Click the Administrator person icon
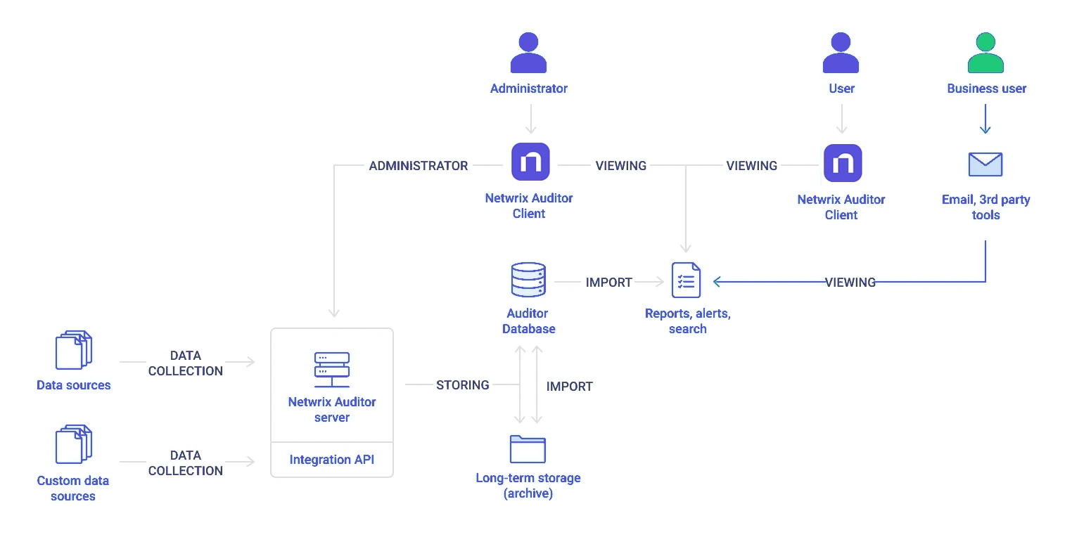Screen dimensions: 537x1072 [528, 53]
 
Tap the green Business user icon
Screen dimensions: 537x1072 [985, 53]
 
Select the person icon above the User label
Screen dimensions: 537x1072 [841, 53]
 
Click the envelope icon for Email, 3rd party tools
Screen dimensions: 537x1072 [985, 164]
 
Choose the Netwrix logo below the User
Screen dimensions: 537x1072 [842, 163]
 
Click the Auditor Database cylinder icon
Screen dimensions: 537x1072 [528, 280]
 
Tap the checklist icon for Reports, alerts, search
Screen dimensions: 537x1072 [686, 281]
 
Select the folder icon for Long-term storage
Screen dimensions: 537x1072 [528, 449]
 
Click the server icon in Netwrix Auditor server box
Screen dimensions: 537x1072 [331, 370]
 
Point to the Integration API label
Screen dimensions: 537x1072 [331, 460]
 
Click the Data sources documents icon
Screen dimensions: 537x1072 [73, 349]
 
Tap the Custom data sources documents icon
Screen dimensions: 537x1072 [73, 444]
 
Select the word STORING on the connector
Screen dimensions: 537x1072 [462, 385]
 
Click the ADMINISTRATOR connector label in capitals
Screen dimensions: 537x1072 [419, 166]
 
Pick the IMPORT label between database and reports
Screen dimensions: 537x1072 [608, 283]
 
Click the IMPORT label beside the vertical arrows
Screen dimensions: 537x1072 [569, 387]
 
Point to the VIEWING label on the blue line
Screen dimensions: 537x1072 [850, 283]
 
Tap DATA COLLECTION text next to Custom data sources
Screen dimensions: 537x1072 [185, 462]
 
